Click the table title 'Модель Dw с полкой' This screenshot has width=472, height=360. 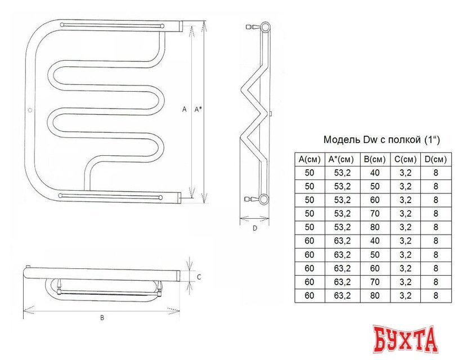click(381, 139)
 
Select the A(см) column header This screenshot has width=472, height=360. click(309, 159)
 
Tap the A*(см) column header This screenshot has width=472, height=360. click(341, 159)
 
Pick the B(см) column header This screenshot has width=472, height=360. click(374, 159)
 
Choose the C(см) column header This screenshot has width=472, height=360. click(405, 159)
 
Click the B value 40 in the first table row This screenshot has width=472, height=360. click(374, 173)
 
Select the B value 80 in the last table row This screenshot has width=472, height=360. click(374, 295)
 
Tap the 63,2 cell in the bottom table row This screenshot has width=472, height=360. click(341, 295)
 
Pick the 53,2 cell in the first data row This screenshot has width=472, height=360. click(341, 173)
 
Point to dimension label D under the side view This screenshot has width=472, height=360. click(254, 228)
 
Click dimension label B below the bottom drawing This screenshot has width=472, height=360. click(102, 318)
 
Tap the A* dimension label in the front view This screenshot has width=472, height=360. click(198, 110)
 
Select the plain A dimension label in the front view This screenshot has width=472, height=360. click(184, 110)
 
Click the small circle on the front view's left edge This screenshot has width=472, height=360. click(30, 110)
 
